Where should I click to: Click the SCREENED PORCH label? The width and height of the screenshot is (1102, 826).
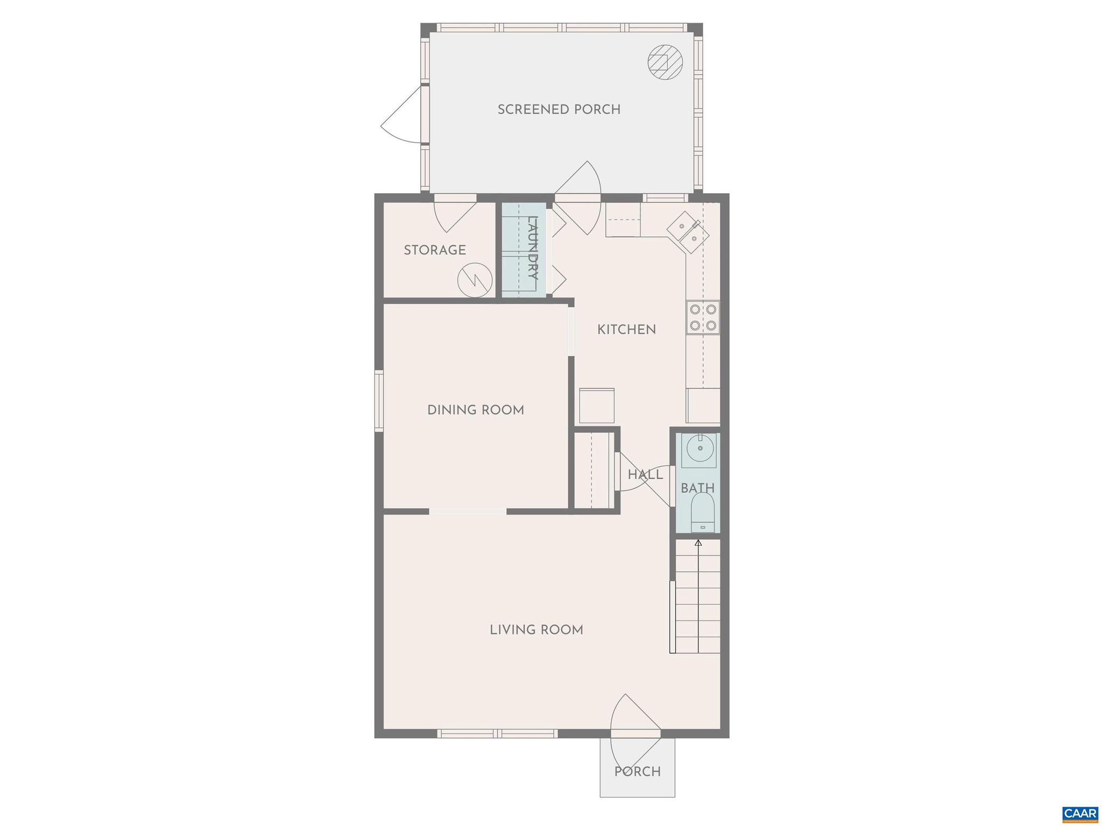click(x=559, y=109)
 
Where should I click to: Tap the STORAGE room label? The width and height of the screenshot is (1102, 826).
click(x=434, y=250)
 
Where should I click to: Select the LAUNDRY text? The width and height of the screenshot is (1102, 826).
click(x=532, y=248)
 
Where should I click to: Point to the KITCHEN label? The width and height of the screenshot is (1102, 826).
click(x=626, y=329)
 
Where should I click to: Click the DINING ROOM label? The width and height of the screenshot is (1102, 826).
click(x=475, y=410)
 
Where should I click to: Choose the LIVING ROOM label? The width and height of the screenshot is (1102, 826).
click(x=536, y=630)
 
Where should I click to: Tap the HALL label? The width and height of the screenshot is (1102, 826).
click(x=645, y=475)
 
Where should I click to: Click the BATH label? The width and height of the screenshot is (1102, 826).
click(x=697, y=488)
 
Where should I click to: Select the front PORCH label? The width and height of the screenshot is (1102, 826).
click(x=637, y=772)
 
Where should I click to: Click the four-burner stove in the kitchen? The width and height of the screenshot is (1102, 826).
click(x=703, y=317)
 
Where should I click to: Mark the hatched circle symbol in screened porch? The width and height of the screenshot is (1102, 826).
click(x=665, y=62)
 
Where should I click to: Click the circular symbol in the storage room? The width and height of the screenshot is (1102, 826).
click(x=475, y=279)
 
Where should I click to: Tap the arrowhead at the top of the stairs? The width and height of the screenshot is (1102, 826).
click(x=698, y=542)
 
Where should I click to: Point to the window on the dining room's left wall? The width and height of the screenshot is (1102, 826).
click(x=379, y=400)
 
